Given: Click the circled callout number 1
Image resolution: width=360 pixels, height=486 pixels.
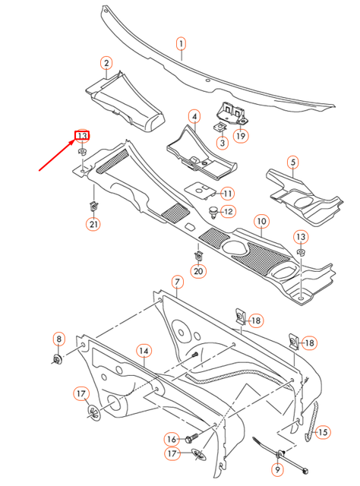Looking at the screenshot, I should (x=182, y=43).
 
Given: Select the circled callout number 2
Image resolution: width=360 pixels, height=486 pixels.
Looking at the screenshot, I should (x=106, y=63).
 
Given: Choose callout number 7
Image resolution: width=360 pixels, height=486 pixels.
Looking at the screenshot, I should (x=177, y=282).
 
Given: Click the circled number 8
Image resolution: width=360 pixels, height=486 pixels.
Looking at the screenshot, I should (x=58, y=339).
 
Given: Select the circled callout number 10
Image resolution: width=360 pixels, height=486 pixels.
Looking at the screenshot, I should (x=261, y=222).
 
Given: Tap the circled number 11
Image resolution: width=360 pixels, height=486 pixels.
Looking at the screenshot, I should (x=228, y=194).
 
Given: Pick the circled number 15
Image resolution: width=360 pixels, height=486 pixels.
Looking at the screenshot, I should (x=322, y=432).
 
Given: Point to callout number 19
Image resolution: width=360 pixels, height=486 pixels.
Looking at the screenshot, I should (x=241, y=137).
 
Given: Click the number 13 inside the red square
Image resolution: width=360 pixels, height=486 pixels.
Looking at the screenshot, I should (x=81, y=137).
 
